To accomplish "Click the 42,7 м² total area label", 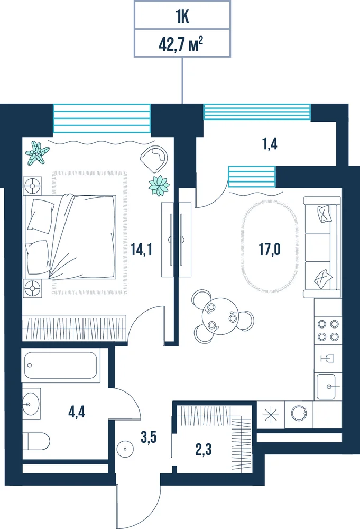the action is coord(181,44).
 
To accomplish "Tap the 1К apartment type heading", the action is coord(182,17).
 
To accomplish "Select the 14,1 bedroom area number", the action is coord(141,249).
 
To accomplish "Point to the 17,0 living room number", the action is coord(269,249).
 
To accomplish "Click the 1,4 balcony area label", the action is coord(270,144).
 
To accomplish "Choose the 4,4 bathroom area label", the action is coord(77,412).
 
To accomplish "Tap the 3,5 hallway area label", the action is coord(149,437).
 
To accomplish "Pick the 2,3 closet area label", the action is coord(204,449).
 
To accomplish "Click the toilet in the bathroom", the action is coord(36,441).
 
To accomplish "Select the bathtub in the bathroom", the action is coord(61,366).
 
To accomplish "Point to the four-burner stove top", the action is coord(328,330).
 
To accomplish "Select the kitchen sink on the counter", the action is coord(327,387).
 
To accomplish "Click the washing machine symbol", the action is coord(299,413).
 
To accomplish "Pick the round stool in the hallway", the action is coord(125,449).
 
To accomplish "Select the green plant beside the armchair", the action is coord(159,186).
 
